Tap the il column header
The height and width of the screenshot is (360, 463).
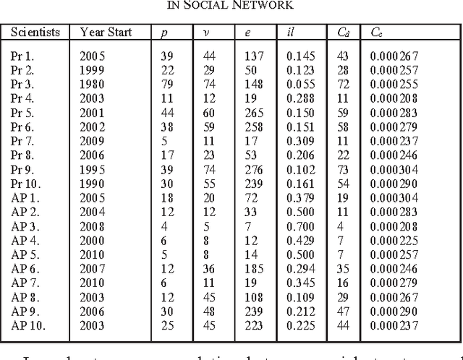point(291,32)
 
